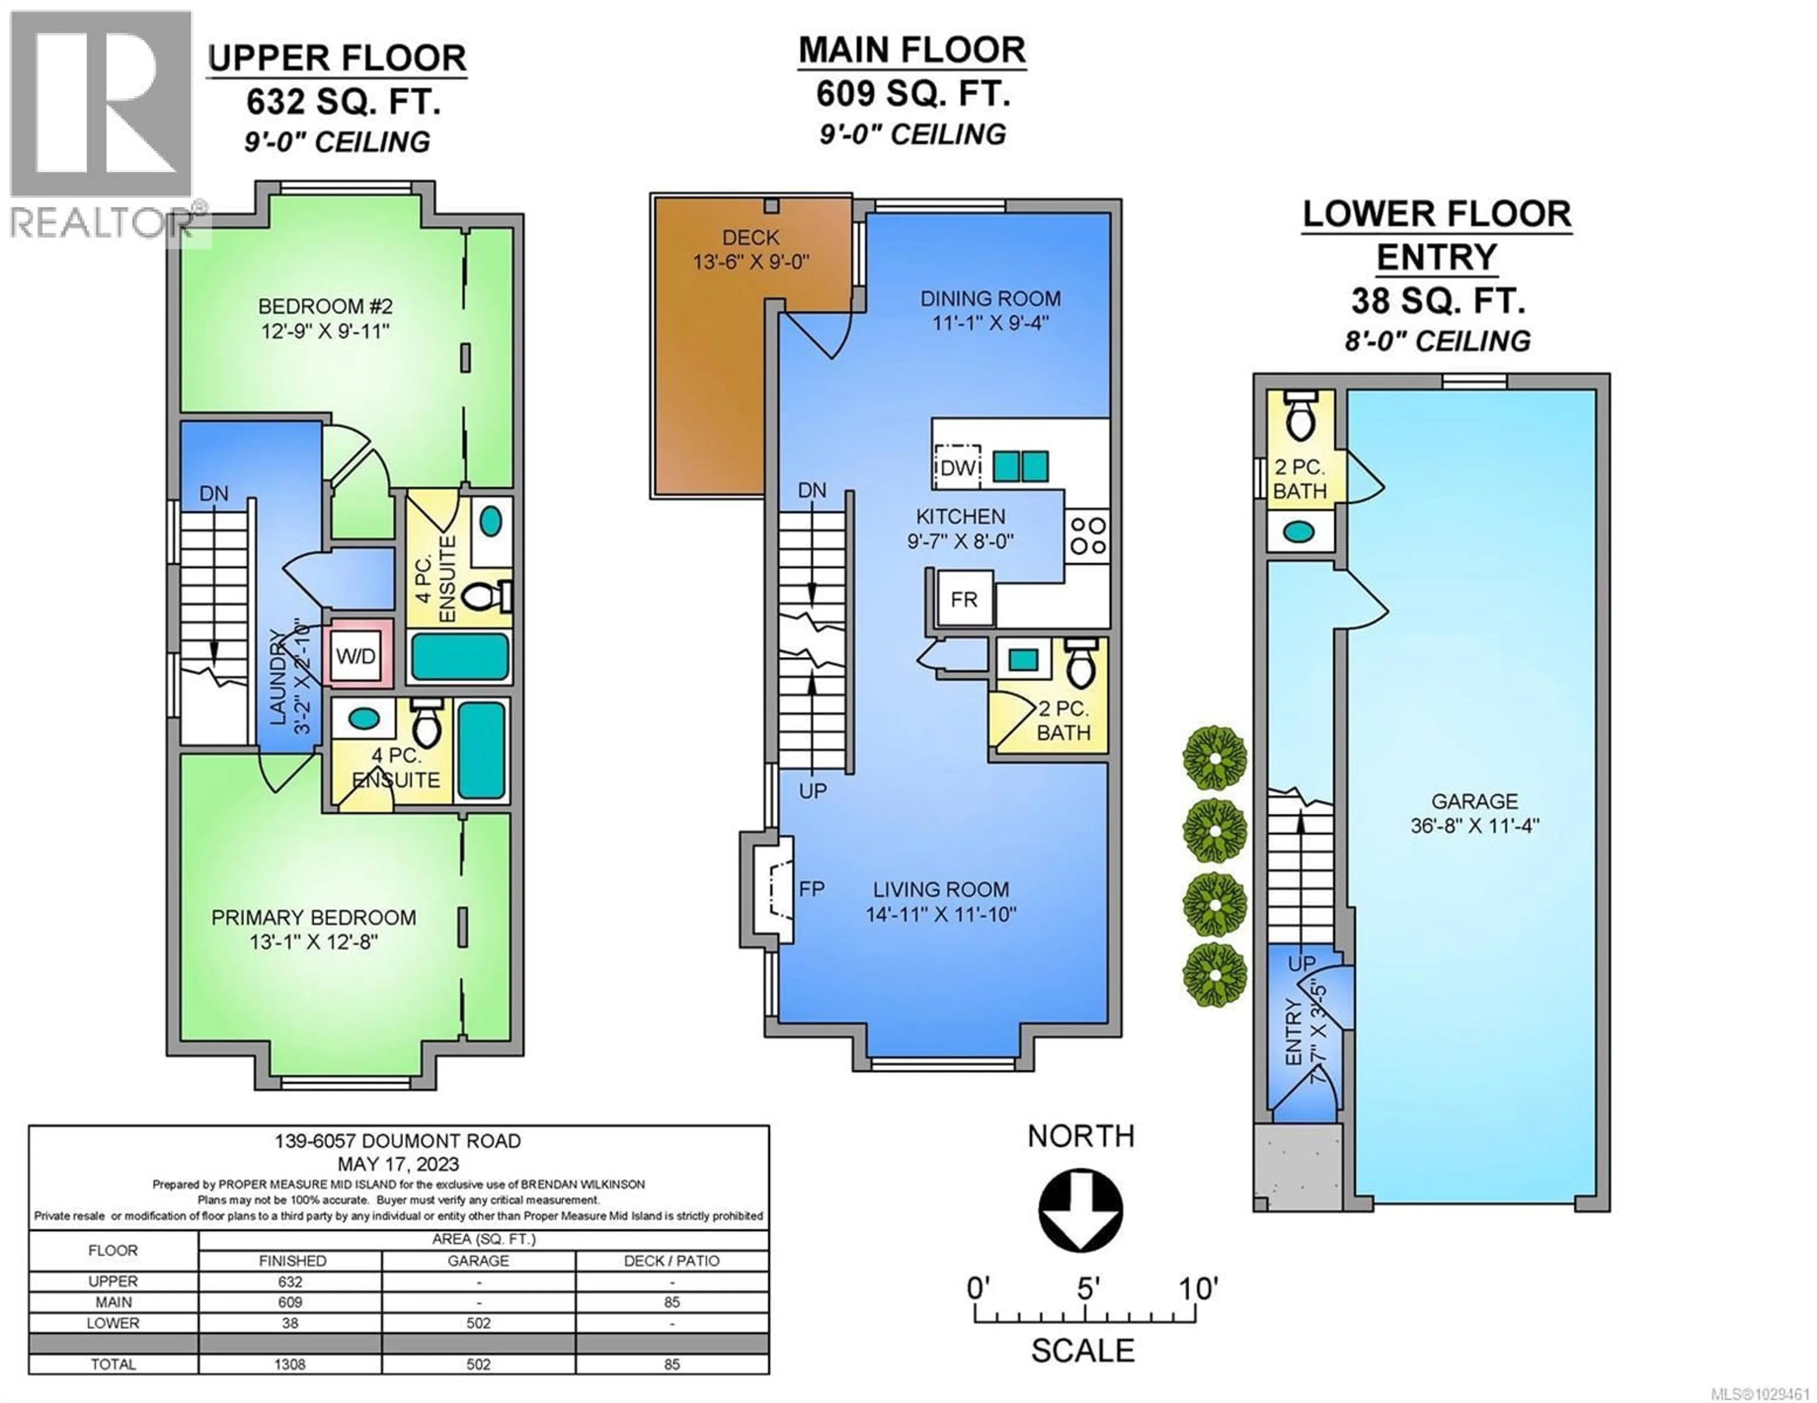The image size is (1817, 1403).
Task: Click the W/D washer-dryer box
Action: [356, 656]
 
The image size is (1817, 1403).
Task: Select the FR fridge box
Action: [964, 599]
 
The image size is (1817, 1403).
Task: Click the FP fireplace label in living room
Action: [811, 889]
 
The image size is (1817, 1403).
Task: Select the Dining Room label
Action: [990, 298]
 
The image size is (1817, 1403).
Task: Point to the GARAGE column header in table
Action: [478, 1261]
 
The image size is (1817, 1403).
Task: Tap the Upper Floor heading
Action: [337, 58]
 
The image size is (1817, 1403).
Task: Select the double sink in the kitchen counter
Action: [1021, 467]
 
